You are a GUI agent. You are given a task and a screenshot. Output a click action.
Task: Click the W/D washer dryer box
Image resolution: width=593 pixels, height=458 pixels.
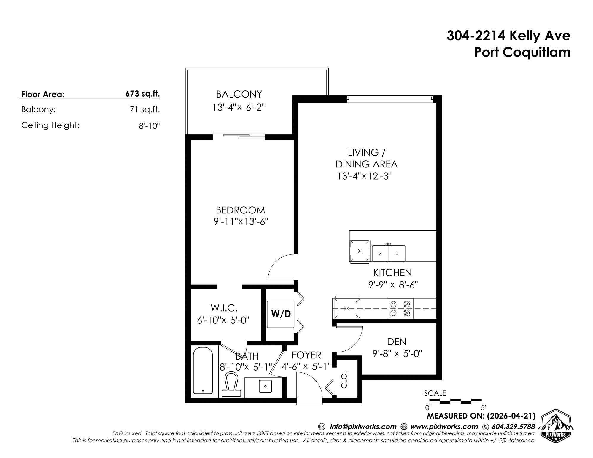click(281, 314)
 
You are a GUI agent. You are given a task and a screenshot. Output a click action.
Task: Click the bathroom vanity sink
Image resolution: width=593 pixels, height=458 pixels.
click(266, 386)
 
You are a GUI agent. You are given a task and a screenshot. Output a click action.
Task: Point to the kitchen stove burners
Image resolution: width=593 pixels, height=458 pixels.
click(400, 308)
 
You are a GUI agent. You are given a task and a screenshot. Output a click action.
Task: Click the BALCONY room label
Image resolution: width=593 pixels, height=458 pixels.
click(239, 94)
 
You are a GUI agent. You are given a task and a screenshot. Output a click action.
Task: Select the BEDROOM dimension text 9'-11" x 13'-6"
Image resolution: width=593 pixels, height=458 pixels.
click(241, 222)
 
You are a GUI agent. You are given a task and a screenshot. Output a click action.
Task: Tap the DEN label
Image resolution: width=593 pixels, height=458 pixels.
click(397, 342)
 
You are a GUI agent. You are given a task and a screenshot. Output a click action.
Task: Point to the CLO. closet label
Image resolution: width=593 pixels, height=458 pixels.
click(344, 380)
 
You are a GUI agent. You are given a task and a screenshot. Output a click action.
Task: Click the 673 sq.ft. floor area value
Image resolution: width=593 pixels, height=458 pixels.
click(142, 94)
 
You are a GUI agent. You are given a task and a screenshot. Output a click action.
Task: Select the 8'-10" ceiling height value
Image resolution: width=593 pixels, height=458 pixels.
click(149, 126)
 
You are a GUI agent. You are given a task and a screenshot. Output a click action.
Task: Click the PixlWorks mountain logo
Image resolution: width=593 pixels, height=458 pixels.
click(555, 425)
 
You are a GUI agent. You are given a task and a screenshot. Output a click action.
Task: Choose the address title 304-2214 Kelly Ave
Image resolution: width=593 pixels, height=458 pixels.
click(508, 36)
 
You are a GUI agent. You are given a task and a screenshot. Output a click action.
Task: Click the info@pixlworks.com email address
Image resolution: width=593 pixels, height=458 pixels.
click(363, 427)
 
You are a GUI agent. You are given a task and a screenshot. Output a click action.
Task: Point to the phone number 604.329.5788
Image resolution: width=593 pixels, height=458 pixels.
click(513, 427)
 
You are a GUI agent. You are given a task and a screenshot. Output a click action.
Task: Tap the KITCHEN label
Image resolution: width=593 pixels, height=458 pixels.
click(392, 272)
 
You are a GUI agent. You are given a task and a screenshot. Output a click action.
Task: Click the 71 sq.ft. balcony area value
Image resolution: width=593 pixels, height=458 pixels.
click(145, 110)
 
